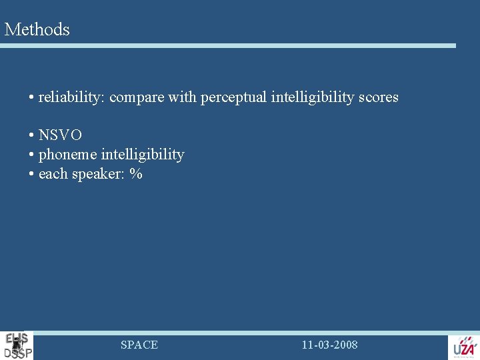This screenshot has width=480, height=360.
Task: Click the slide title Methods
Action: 37,29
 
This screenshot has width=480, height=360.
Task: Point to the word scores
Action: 378,97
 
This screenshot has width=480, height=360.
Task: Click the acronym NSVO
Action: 60,135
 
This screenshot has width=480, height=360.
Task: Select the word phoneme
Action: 67,155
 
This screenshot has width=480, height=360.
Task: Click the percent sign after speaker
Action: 136,175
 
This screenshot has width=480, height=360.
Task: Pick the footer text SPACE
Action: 139,345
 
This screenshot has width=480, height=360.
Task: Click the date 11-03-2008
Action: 329,345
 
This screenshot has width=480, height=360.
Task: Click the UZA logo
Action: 464,347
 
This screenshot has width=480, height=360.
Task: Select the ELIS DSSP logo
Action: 17,345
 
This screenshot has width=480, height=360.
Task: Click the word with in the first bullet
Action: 182,97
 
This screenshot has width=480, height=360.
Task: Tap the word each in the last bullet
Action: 53,175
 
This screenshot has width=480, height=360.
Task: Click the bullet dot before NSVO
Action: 31,136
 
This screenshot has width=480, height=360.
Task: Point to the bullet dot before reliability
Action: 31,98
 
